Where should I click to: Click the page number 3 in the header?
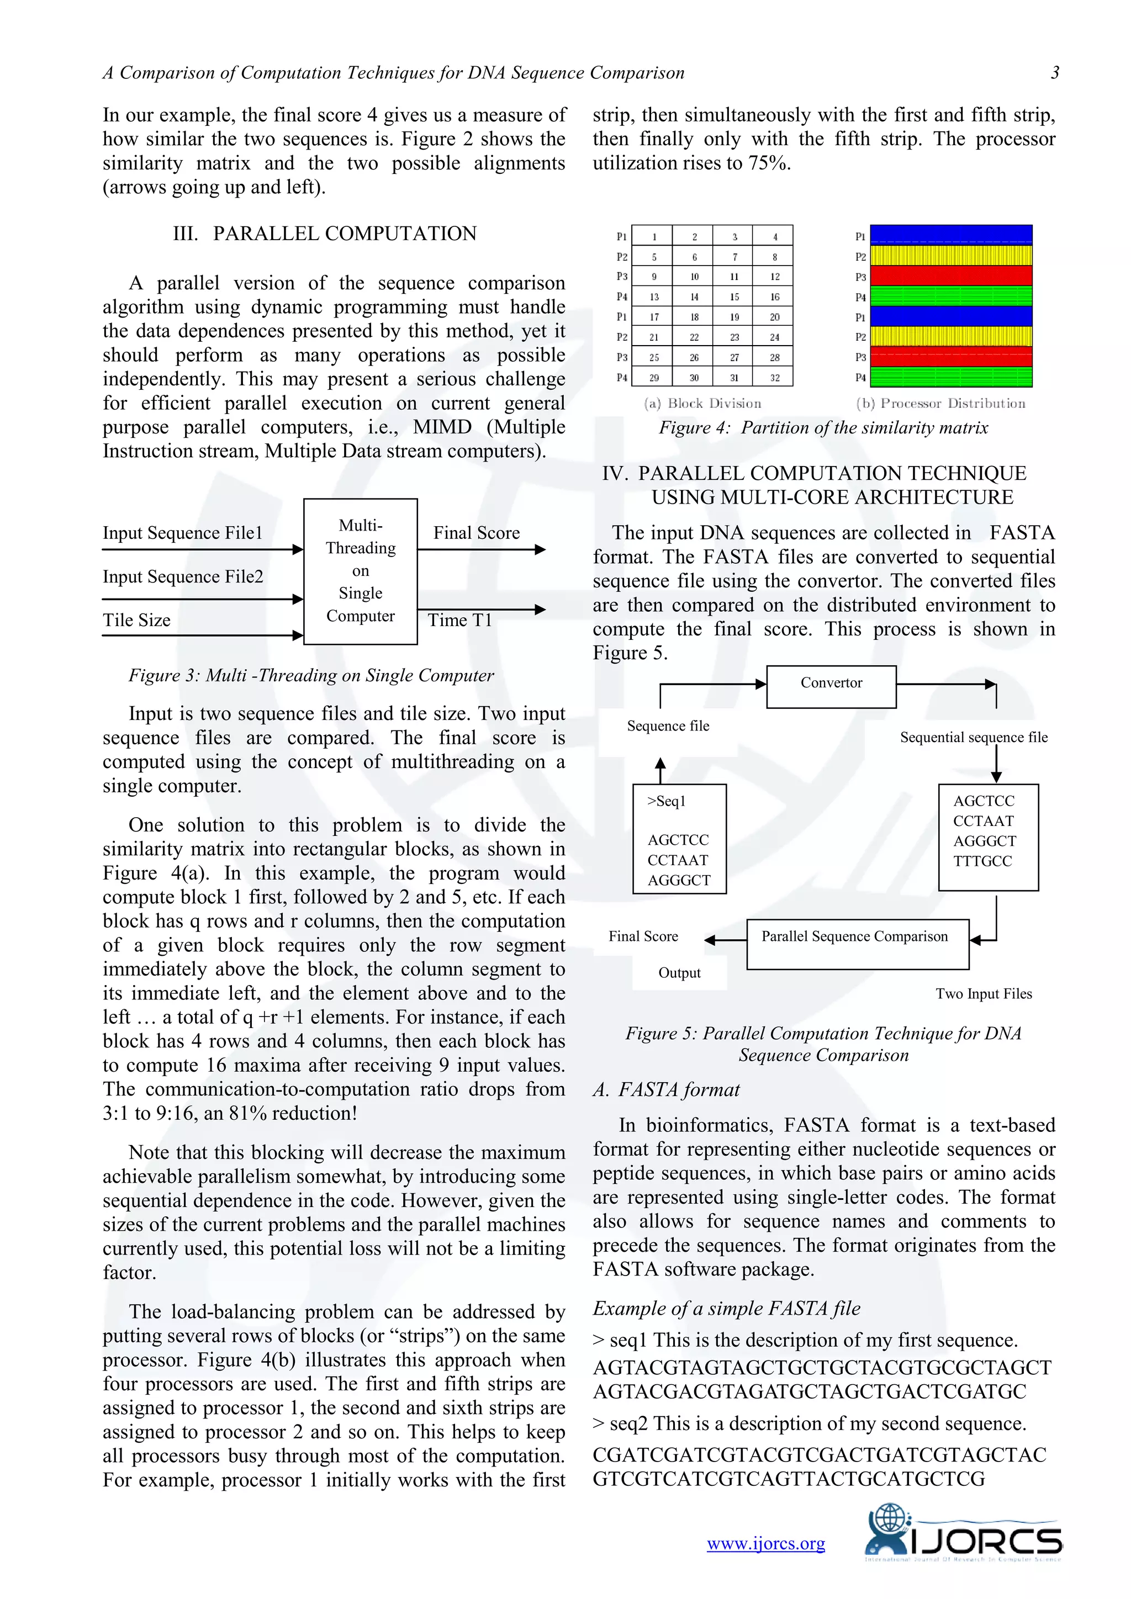coord(1054,72)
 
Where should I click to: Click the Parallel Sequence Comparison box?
coord(857,944)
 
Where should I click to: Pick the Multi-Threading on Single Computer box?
coord(360,571)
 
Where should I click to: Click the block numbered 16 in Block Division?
coord(774,296)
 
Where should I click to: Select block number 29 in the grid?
coord(653,378)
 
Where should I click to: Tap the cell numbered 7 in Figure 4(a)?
coord(734,257)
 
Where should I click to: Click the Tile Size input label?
coord(136,620)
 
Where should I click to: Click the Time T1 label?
coord(459,620)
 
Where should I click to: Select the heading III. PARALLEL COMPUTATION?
coord(325,234)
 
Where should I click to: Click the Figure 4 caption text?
coord(823,427)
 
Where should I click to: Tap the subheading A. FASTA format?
coord(666,1089)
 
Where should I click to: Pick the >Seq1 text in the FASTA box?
coord(667,801)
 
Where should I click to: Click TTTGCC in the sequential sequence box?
coord(982,861)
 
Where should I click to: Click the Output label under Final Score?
coord(679,972)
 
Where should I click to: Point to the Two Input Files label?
coord(984,993)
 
